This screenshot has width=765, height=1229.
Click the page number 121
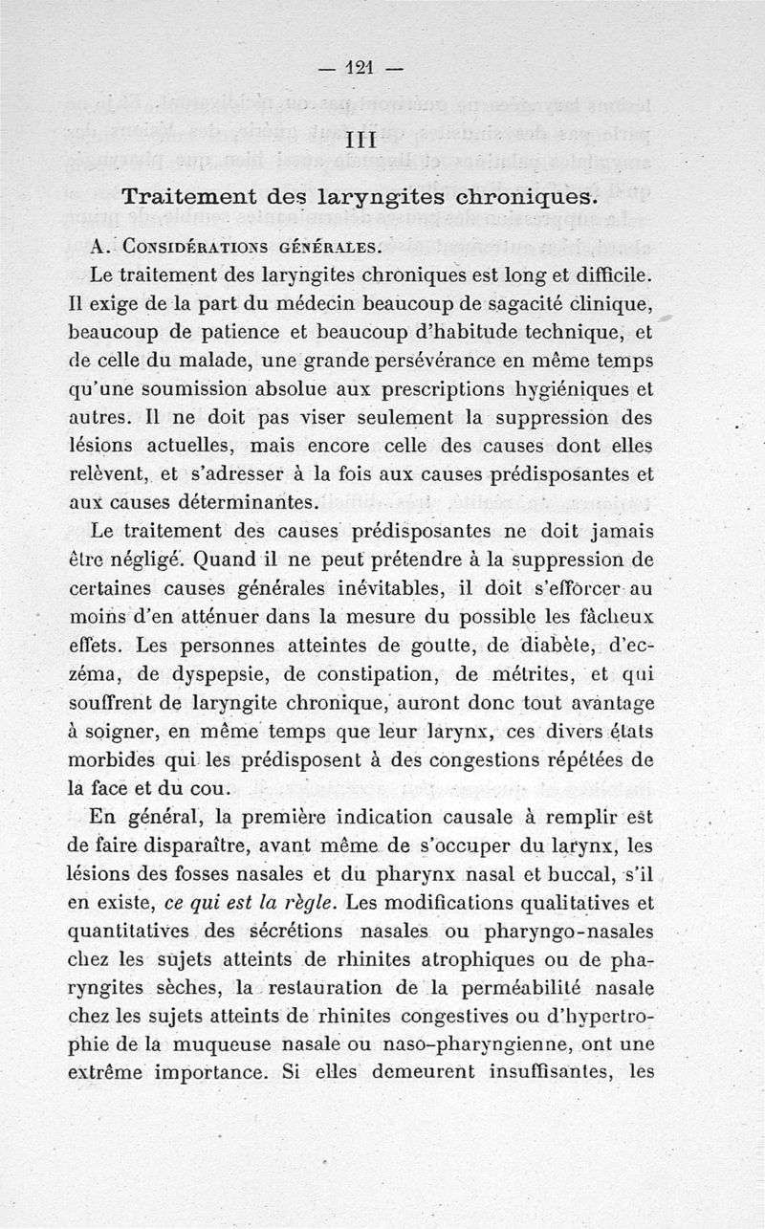[361, 68]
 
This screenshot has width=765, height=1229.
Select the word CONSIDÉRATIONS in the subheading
[187, 247]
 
